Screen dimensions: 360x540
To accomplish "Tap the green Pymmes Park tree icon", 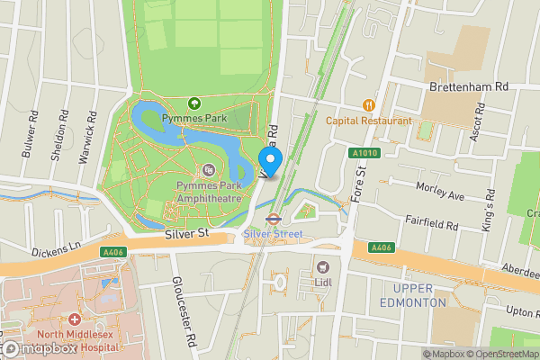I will click(x=193, y=104).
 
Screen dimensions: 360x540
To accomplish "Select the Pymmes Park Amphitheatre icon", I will click(x=210, y=169).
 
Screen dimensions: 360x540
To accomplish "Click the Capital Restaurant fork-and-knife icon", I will click(x=368, y=105).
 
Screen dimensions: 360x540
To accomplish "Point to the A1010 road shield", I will click(x=362, y=154).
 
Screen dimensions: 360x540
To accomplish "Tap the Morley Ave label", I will click(x=440, y=191).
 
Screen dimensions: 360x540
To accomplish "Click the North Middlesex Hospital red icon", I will click(x=74, y=319).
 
